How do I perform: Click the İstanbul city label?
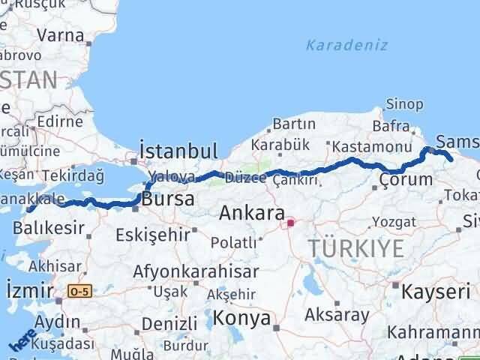pos(179,151)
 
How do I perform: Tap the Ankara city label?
pos(251,213)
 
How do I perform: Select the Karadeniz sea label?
pos(346,46)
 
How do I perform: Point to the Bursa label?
pos(168,200)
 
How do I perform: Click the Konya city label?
pos(241,318)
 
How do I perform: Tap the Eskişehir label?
pos(153,235)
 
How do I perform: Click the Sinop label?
pos(403,104)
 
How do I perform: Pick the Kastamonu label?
pos(371,146)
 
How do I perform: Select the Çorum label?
pos(406,180)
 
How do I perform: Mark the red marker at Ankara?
pos(290,222)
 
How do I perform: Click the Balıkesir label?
pos(55,227)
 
